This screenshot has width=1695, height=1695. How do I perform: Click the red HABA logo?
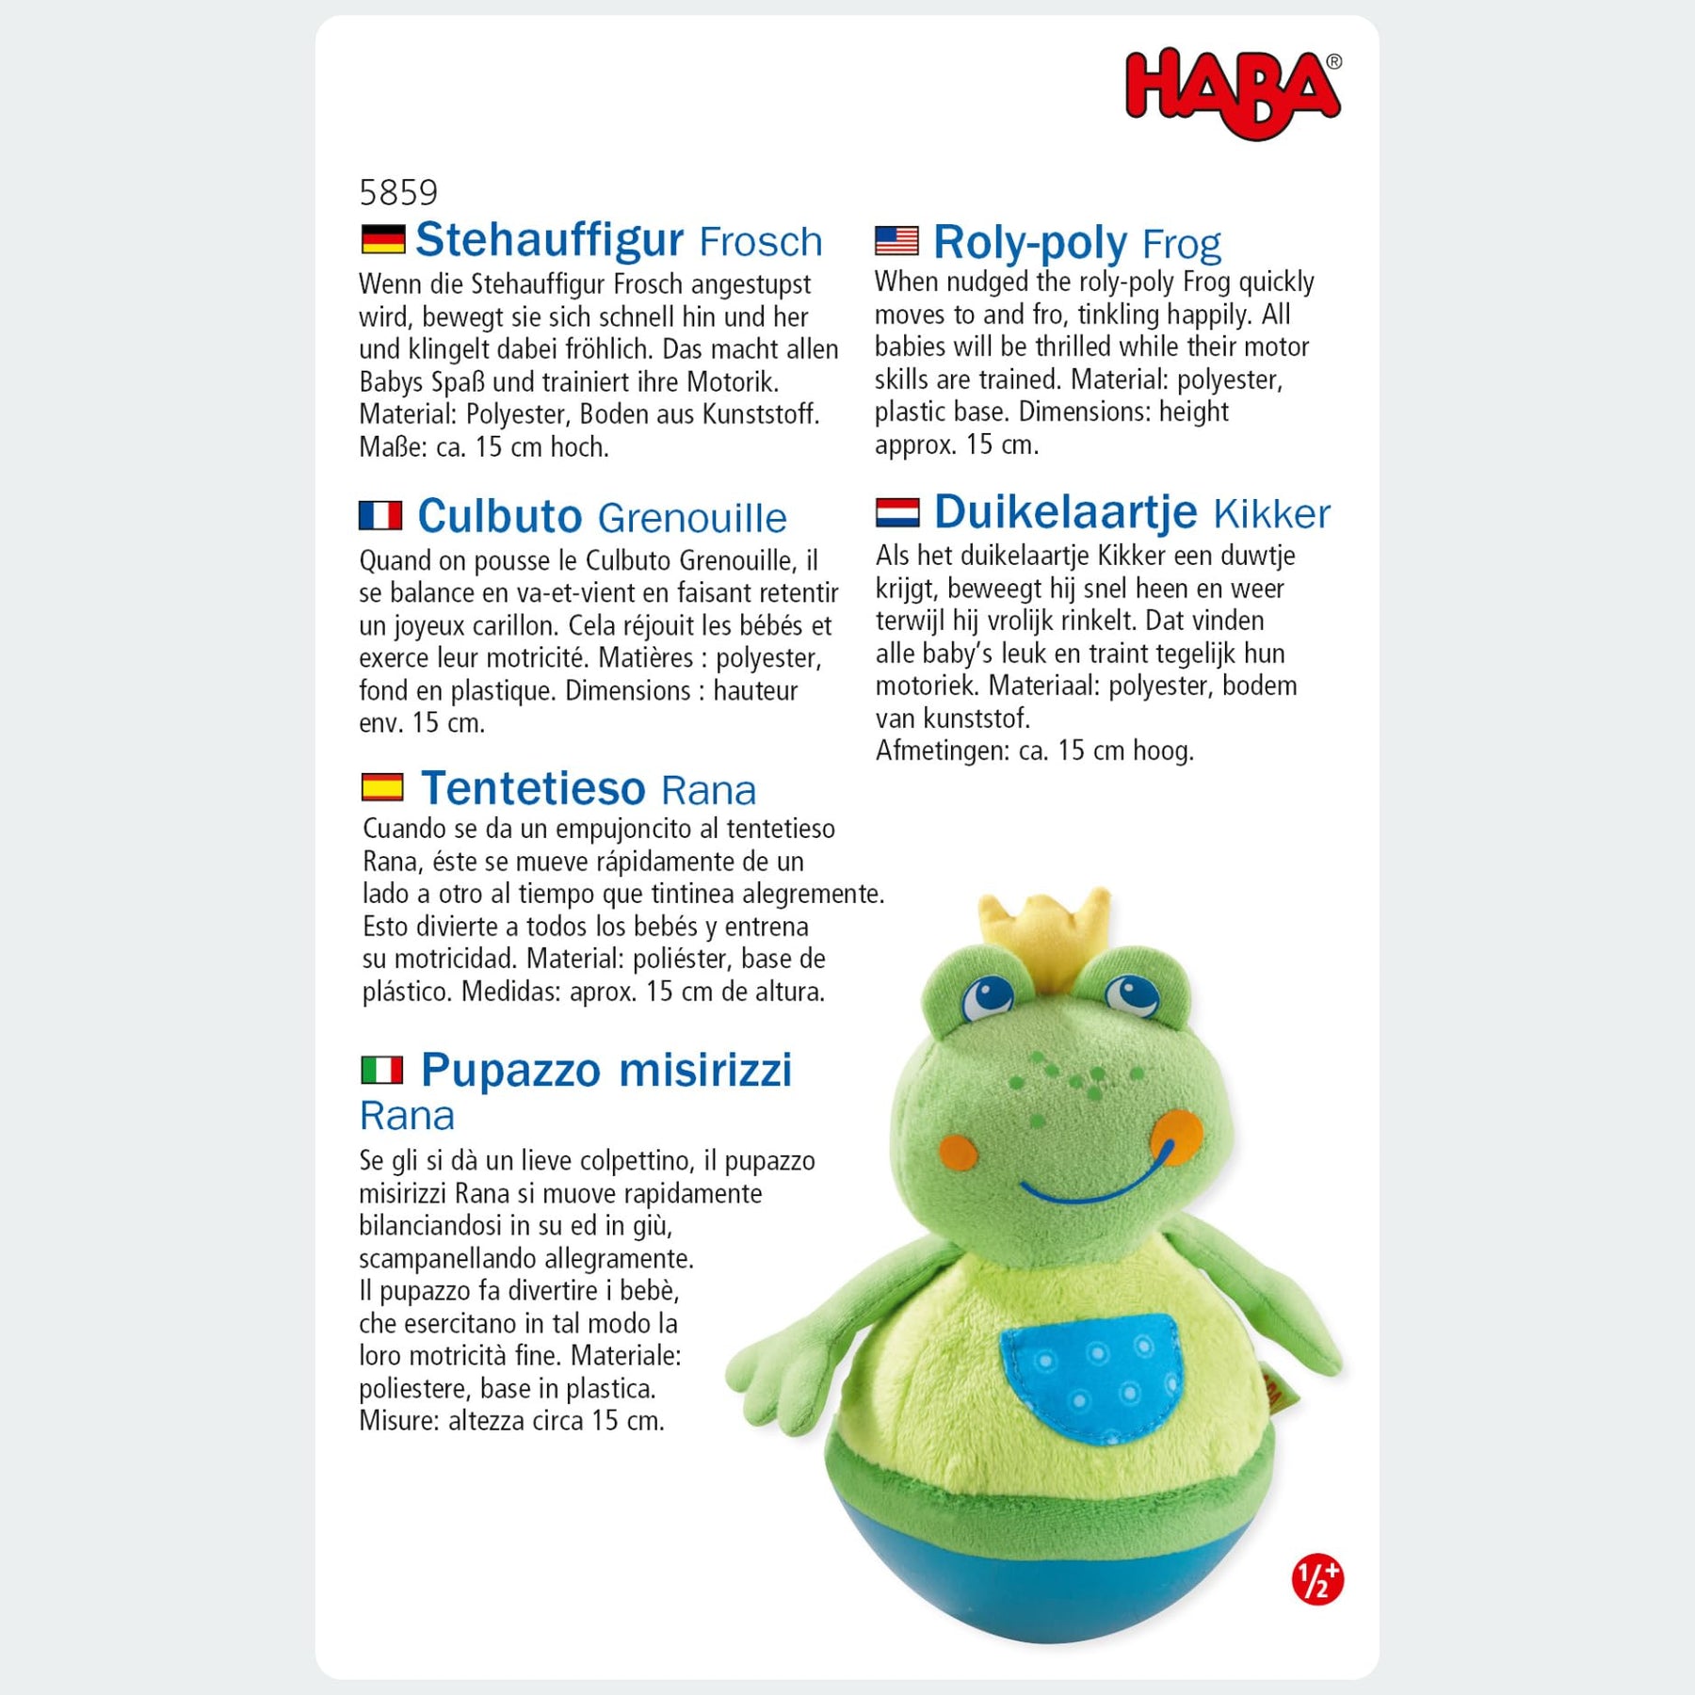(x=1232, y=92)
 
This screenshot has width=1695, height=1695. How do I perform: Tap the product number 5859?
(x=398, y=193)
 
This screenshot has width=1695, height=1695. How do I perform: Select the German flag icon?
(x=382, y=239)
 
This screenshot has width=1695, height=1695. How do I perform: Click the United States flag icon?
(x=896, y=241)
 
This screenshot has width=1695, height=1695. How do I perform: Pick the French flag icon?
(x=380, y=516)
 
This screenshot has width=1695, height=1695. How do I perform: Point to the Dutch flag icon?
(x=896, y=512)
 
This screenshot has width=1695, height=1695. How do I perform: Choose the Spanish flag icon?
(x=382, y=787)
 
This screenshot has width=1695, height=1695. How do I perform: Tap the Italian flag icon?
(x=381, y=1070)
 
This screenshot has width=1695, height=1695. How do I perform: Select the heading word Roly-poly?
(x=1029, y=243)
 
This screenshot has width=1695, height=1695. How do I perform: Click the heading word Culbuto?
(x=500, y=516)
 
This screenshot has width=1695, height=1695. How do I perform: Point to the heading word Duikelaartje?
(x=1065, y=512)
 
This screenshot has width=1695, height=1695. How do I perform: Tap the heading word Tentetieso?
(x=533, y=788)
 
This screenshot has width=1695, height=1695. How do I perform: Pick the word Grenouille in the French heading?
(x=692, y=518)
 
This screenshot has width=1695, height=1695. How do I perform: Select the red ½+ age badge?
(x=1316, y=1579)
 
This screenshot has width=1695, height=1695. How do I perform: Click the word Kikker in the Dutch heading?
(x=1271, y=514)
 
